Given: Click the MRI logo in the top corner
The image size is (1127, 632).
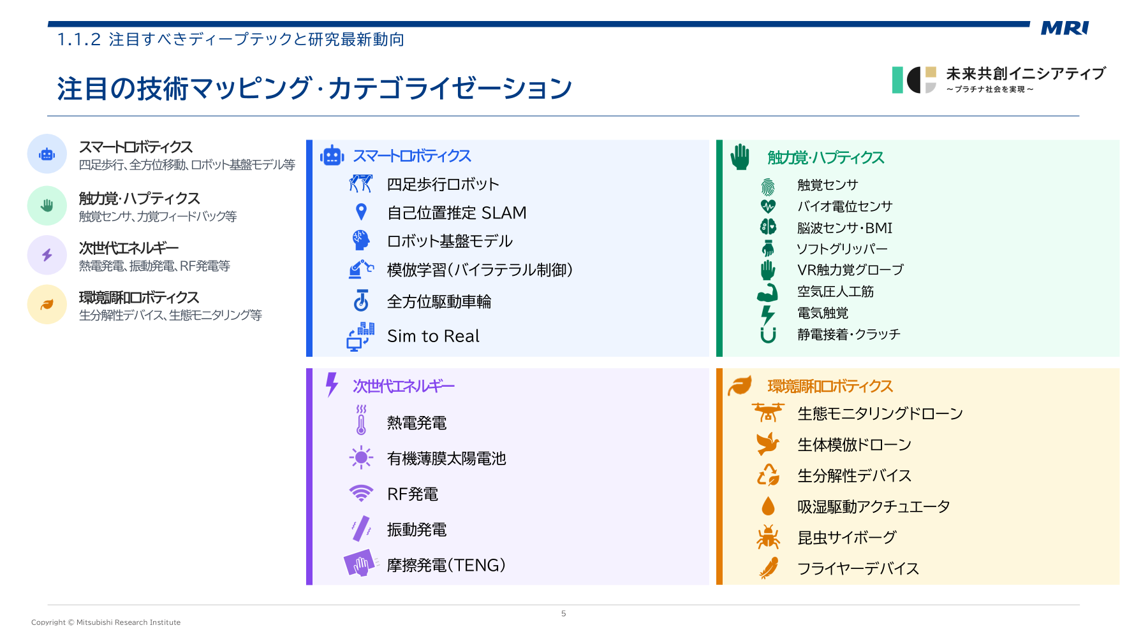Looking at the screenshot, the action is (1064, 28).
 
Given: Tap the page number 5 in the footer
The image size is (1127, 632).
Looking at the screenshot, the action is (563, 614).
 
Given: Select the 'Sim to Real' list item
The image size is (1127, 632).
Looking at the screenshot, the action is (433, 336).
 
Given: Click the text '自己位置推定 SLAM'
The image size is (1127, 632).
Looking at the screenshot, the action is (457, 213).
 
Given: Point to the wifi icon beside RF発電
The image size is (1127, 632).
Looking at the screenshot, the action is (361, 493).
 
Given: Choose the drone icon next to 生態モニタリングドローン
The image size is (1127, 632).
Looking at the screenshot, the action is (768, 413).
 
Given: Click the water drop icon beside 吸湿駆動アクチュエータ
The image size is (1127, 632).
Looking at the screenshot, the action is (768, 506).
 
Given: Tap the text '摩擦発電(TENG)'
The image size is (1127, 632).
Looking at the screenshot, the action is (446, 565).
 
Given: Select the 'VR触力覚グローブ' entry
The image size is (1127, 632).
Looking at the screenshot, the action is (850, 270).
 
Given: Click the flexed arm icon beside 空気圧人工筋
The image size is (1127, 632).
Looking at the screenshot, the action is (768, 292).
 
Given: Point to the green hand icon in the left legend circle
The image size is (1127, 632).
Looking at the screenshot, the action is (47, 205).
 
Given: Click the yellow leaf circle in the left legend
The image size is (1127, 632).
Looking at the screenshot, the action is (47, 305).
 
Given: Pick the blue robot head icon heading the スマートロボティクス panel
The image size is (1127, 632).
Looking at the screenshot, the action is (332, 155).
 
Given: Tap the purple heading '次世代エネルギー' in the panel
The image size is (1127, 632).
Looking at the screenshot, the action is (404, 386).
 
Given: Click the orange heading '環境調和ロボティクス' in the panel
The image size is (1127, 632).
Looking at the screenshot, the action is (830, 386).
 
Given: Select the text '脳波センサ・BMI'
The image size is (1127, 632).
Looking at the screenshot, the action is (844, 228).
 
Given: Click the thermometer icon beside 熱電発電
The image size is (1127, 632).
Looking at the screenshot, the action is (361, 420).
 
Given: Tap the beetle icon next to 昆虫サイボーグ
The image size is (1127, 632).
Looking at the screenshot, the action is (768, 537).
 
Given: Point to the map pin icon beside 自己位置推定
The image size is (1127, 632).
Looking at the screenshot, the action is (361, 212).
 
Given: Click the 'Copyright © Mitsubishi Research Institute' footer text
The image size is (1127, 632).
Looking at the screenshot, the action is (106, 622).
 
